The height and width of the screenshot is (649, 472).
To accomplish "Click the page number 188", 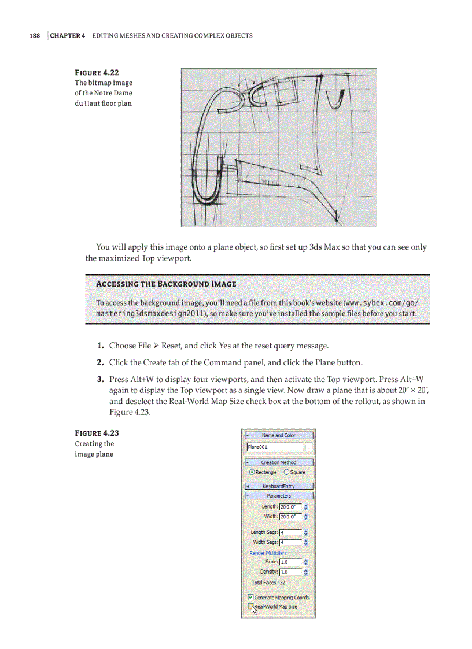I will (x=35, y=36).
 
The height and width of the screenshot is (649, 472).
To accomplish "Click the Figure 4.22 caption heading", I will (x=97, y=72).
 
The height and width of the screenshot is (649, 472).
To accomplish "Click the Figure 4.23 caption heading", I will (x=97, y=433).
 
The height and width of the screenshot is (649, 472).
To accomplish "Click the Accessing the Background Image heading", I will (x=165, y=284).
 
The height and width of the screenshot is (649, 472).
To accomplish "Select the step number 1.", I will (x=100, y=346).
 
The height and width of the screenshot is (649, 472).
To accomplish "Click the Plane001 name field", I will (x=274, y=447).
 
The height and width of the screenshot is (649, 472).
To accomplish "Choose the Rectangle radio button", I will (x=252, y=472).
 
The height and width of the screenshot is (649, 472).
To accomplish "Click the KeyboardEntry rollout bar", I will (x=279, y=487).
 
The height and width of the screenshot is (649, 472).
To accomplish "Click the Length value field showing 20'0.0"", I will (x=290, y=507).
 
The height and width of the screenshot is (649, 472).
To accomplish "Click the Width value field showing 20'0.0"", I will (x=290, y=516).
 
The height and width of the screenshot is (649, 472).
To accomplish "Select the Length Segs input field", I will (x=290, y=532).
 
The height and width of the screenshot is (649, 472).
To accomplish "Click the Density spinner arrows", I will (x=305, y=572).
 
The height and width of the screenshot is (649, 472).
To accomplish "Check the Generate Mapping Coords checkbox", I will (x=250, y=598).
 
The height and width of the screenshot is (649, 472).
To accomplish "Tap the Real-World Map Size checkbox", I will (x=250, y=607).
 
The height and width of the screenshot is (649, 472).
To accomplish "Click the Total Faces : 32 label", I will (x=268, y=583).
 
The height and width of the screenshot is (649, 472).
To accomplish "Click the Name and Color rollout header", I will (x=279, y=435).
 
